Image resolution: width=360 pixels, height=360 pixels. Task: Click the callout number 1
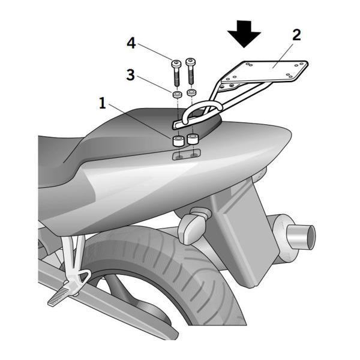pos(103,103)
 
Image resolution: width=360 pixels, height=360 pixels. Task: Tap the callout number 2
pos(296,35)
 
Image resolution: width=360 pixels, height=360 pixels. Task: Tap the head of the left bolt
pos(176,63)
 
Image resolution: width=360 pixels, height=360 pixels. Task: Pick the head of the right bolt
pos(191,61)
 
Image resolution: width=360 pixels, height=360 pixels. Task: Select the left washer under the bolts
pos(177,95)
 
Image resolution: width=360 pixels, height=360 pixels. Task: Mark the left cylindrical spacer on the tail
pos(178,142)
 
